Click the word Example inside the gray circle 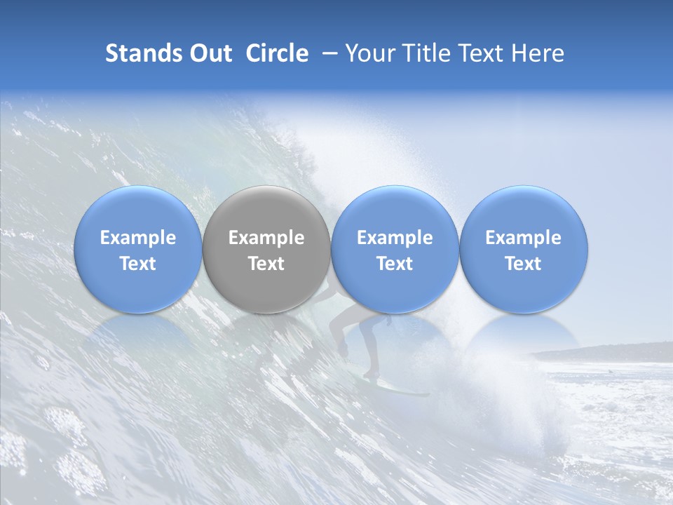pyautogui.click(x=266, y=238)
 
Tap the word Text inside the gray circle pyautogui.click(x=266, y=264)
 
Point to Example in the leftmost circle pyautogui.click(x=138, y=238)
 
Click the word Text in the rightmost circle pyautogui.click(x=523, y=264)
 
